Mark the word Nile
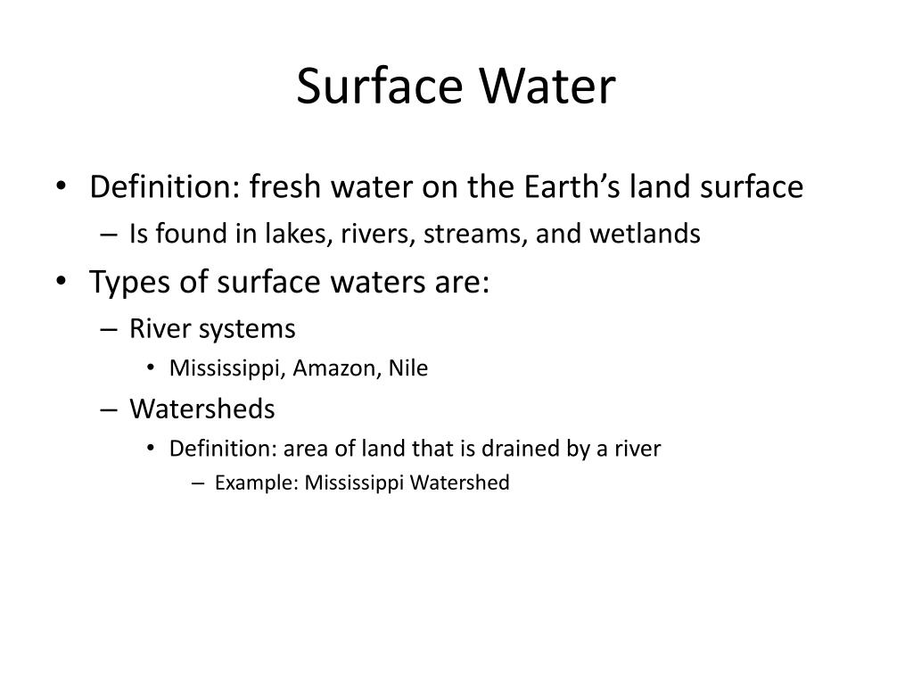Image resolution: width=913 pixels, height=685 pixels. [407, 368]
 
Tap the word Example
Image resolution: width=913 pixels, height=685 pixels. [257, 483]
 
